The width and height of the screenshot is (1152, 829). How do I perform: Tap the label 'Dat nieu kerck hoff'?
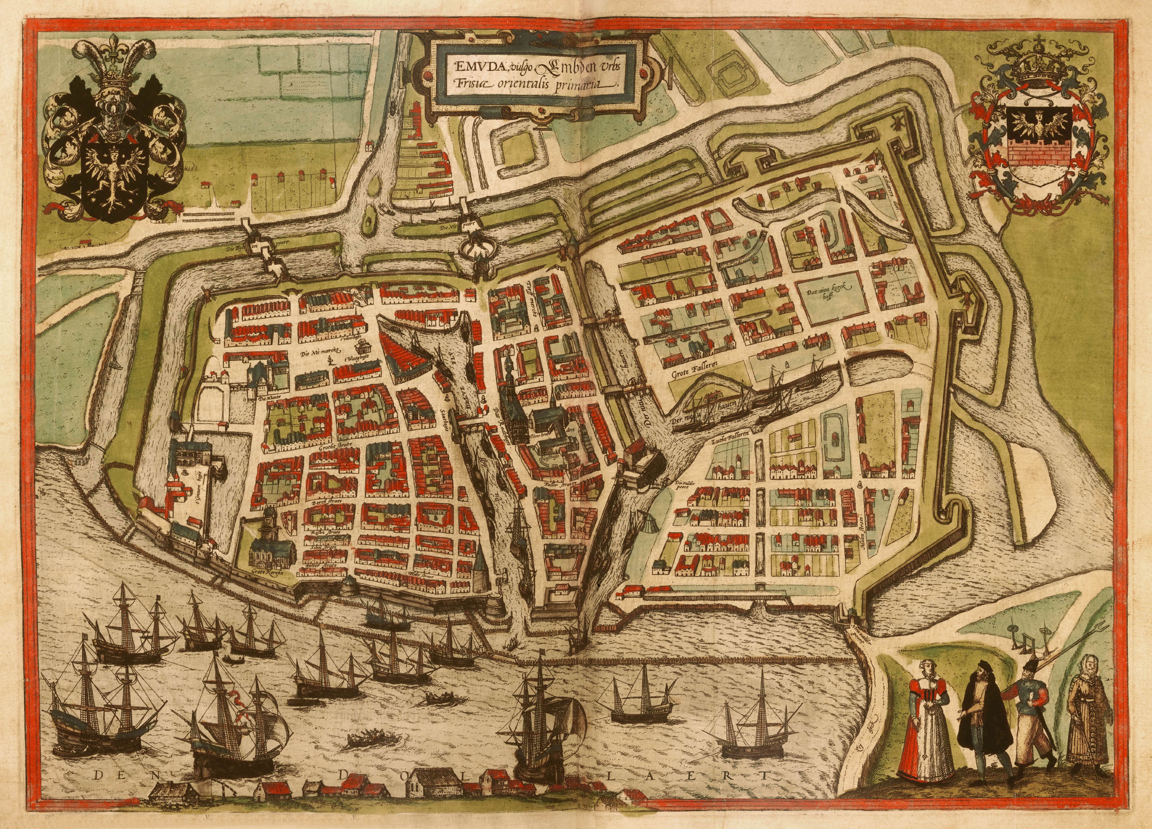pos(831,297)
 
